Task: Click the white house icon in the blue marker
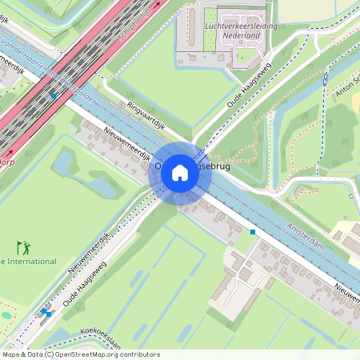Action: (x=180, y=172)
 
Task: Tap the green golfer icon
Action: (x=22, y=248)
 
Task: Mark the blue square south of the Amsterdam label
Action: (x=253, y=232)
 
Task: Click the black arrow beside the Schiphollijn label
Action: (x=158, y=4)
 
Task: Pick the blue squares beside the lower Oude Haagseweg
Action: (x=46, y=312)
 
